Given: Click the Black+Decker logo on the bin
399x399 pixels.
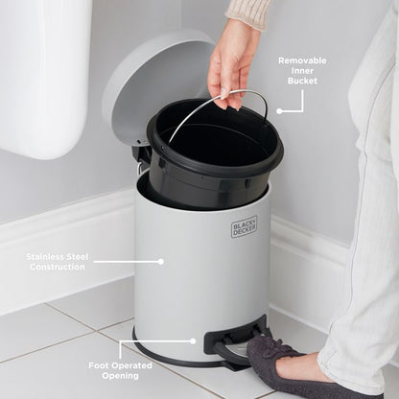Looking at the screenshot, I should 244,226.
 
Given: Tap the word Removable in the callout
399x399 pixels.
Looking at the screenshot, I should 302,60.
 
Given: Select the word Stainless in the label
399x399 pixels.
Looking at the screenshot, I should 45,255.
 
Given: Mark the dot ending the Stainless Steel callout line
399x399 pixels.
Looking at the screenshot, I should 161,261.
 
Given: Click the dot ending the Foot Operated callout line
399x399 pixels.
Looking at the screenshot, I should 193,339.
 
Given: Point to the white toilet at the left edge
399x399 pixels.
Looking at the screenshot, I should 43,77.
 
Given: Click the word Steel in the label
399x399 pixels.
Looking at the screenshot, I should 79,255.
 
